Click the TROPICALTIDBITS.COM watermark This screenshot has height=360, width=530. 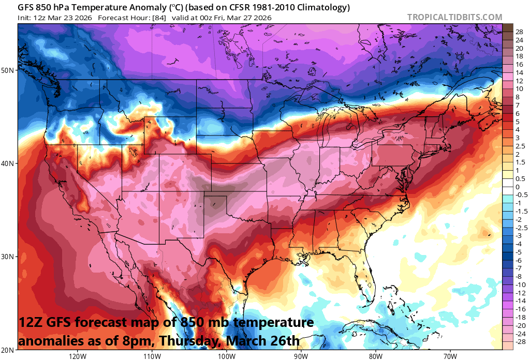point(454,17)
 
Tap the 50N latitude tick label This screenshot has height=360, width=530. point(10,70)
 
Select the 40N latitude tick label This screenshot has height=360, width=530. point(10,163)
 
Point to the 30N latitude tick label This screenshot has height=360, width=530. point(10,257)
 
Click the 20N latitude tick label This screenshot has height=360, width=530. point(10,350)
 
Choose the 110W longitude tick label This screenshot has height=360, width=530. point(152,356)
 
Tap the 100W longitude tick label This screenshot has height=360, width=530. point(226,356)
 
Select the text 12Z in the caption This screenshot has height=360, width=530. point(29,323)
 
